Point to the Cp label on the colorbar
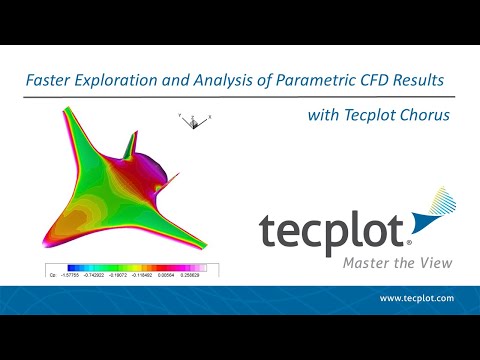tap(54, 272)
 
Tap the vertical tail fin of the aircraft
tap(129, 145)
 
